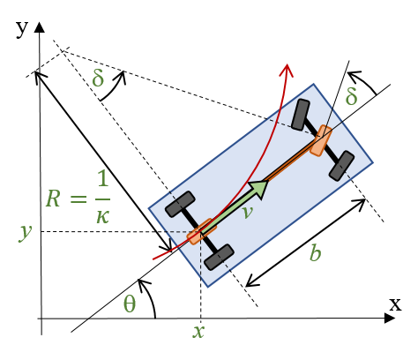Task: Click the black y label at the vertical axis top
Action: [x=22, y=28]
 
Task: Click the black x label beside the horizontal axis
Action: [x=395, y=304]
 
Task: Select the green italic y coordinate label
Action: [x=25, y=232]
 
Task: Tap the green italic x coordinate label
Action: [x=198, y=332]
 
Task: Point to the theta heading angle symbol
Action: [x=130, y=304]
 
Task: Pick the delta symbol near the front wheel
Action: [x=352, y=96]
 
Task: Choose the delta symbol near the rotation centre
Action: [x=98, y=78]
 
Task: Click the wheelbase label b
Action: [x=316, y=252]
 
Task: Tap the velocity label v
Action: [x=248, y=212]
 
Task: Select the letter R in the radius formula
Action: [x=54, y=199]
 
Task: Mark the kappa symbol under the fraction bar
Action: [x=102, y=217]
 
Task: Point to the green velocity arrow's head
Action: [x=259, y=189]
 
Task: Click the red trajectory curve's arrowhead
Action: [x=287, y=70]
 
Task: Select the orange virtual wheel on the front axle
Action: [x=321, y=140]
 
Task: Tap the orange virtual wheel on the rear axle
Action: [x=202, y=231]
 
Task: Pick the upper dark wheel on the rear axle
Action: [x=180, y=204]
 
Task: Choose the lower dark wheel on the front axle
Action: [x=341, y=166]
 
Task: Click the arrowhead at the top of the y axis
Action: [x=40, y=27]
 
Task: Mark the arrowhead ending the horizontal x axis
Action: [x=390, y=318]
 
